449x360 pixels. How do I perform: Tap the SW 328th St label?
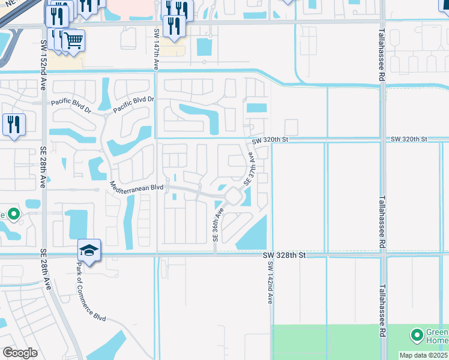click(x=285, y=255)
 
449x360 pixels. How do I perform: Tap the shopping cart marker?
click(x=73, y=41)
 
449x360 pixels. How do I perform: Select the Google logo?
click(x=20, y=352)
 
